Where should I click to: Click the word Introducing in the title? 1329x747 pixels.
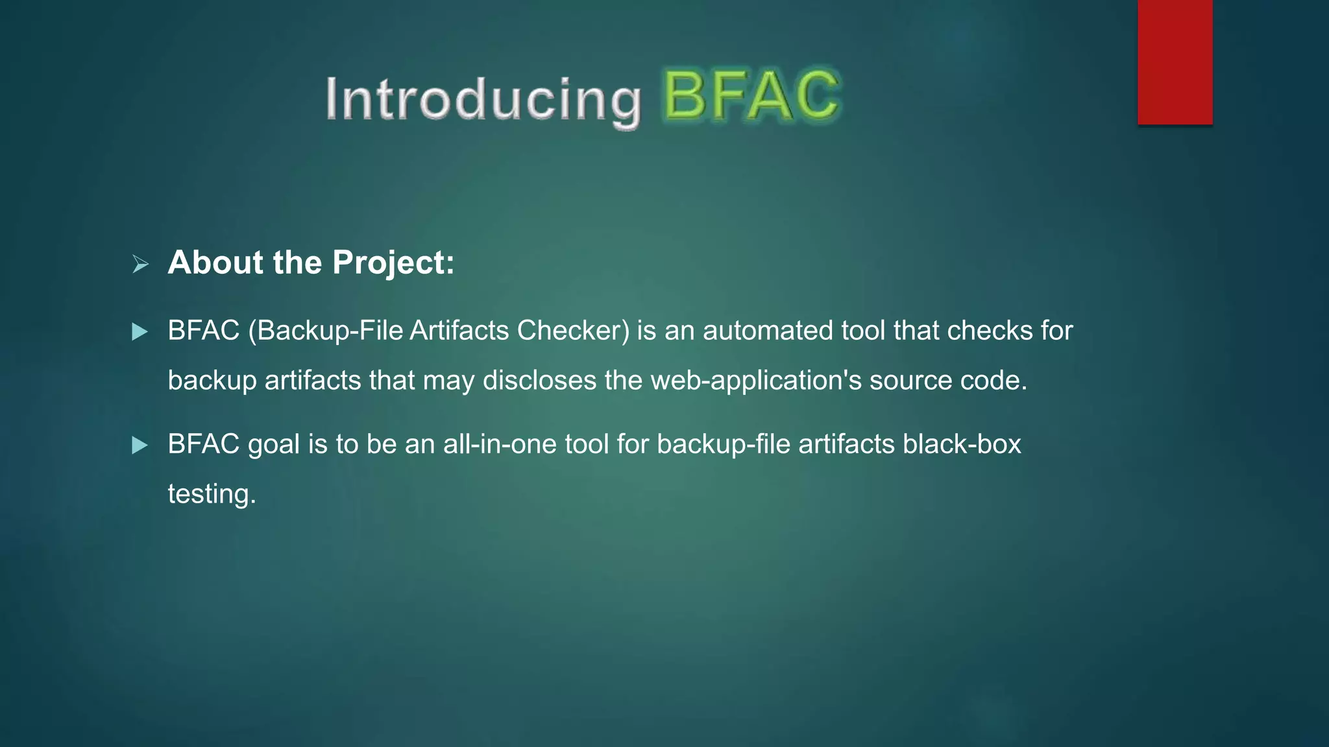point(483,99)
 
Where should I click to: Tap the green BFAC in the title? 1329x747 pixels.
point(751,97)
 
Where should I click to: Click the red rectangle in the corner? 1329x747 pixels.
point(1175,62)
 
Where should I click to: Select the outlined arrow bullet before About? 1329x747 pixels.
point(140,264)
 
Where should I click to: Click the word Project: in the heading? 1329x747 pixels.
point(393,263)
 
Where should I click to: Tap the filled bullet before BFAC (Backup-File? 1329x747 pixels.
point(140,332)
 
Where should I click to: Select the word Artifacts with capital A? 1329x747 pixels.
point(459,331)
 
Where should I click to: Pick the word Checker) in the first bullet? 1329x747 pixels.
point(573,331)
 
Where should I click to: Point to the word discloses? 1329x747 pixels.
point(539,381)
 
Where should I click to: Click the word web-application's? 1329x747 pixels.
point(756,381)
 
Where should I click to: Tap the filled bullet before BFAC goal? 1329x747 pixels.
point(140,445)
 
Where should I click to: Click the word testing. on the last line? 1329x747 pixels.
point(212,494)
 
